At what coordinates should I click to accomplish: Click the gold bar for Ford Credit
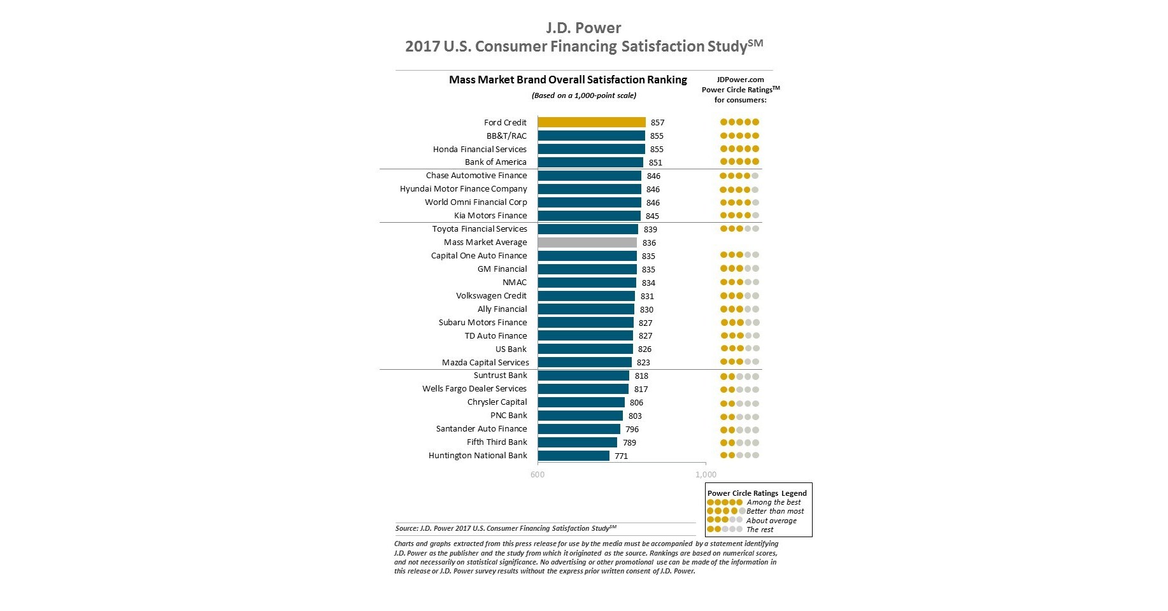pyautogui.click(x=591, y=122)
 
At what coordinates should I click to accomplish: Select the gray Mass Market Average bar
pyautogui.click(x=587, y=242)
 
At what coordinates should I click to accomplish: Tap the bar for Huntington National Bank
pyautogui.click(x=573, y=456)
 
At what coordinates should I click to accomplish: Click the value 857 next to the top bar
pyautogui.click(x=657, y=123)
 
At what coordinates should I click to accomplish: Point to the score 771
pyautogui.click(x=621, y=456)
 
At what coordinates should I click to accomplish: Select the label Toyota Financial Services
pyautogui.click(x=480, y=229)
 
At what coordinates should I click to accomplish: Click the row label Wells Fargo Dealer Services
pyautogui.click(x=474, y=389)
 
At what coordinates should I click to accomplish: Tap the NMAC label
pyautogui.click(x=514, y=283)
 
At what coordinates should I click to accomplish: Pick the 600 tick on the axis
pyautogui.click(x=538, y=475)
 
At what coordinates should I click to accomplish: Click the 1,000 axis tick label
pyautogui.click(x=706, y=475)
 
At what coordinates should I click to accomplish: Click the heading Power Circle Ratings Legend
pyautogui.click(x=757, y=493)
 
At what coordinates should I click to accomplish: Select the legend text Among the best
pyautogui.click(x=774, y=502)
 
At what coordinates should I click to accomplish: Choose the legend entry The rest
pyautogui.click(x=760, y=530)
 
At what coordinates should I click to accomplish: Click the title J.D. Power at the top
pyautogui.click(x=583, y=28)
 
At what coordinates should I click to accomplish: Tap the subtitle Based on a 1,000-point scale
pyautogui.click(x=583, y=95)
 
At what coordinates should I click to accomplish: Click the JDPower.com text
pyautogui.click(x=740, y=80)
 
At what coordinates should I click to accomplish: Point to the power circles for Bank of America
pyautogui.click(x=739, y=162)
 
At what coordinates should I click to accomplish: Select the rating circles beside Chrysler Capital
pyautogui.click(x=739, y=403)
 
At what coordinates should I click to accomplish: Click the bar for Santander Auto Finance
pyautogui.click(x=578, y=429)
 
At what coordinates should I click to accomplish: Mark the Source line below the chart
pyautogui.click(x=506, y=528)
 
